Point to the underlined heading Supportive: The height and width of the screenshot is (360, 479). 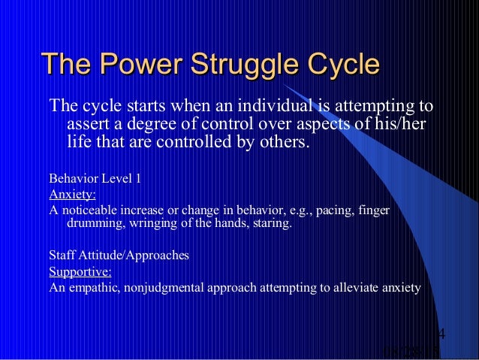click(x=80, y=271)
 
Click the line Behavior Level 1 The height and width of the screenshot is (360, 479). click(x=94, y=179)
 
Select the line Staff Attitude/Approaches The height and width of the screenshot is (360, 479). click(x=119, y=256)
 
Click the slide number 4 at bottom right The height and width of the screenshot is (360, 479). click(x=441, y=334)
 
